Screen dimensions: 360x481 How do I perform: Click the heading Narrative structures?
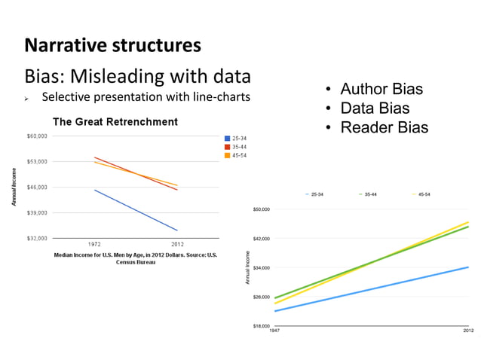[x=113, y=45]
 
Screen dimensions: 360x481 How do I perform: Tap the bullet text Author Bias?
[x=381, y=90]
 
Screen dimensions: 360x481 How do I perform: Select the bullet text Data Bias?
[x=375, y=108]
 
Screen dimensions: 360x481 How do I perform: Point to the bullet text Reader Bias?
[x=384, y=127]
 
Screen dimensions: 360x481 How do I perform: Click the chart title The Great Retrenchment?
[x=115, y=122]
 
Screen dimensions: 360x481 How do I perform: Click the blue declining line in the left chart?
[x=136, y=210]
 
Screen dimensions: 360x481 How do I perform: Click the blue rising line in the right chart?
[x=377, y=288]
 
